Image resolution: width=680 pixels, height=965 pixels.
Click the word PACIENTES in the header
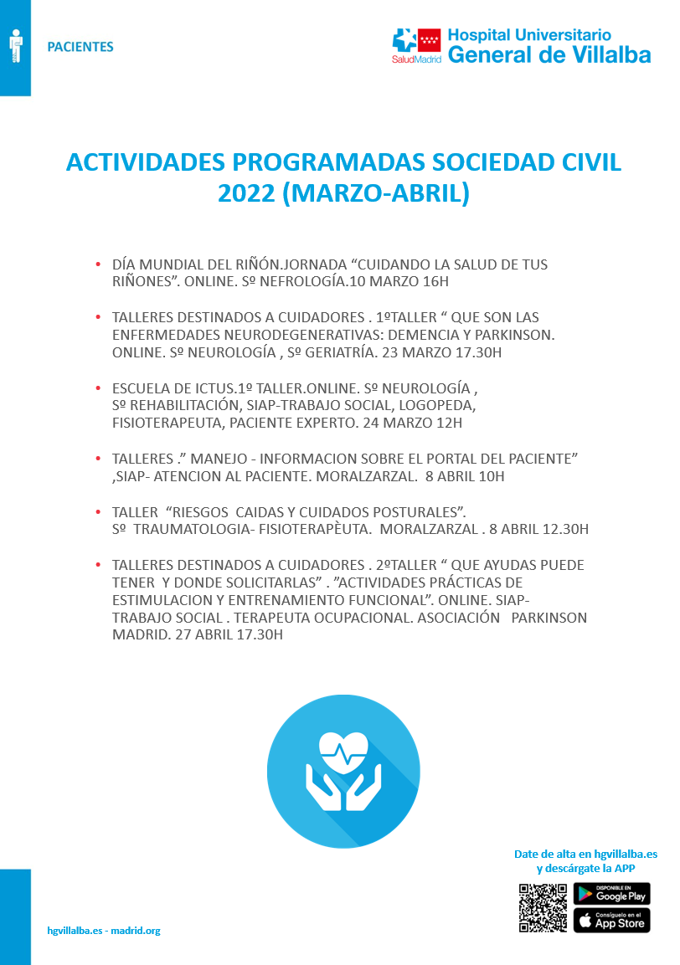80,47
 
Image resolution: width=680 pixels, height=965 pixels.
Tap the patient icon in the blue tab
14,47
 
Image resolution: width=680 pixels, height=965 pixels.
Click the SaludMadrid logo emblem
417,42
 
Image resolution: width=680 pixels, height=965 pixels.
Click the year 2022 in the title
245,192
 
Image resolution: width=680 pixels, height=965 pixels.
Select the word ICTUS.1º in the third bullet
205,388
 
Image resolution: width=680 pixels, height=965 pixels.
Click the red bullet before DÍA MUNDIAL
98,264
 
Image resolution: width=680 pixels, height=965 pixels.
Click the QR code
543,907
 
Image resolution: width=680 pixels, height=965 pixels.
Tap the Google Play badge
611,894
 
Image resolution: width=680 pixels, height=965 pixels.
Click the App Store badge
611,921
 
